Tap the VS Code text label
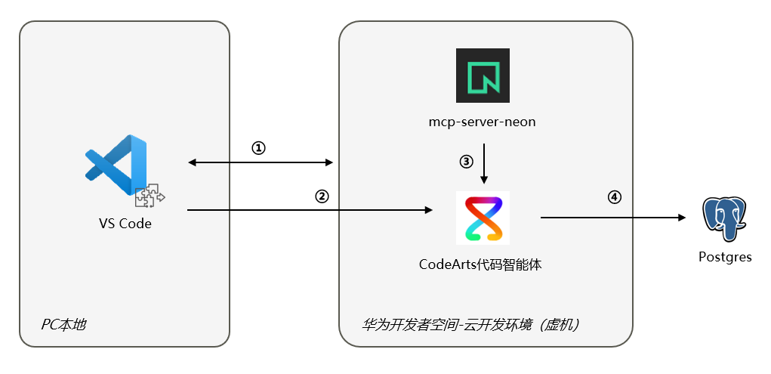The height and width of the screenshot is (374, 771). (125, 224)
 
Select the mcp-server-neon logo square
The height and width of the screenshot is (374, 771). (483, 76)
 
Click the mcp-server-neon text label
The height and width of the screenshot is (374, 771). (483, 122)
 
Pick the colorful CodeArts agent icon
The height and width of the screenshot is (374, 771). (483, 218)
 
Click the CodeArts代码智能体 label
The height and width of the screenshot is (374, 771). (480, 264)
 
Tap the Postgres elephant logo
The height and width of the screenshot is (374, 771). (724, 219)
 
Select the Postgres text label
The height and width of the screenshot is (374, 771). (725, 257)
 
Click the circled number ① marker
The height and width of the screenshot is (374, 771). (259, 148)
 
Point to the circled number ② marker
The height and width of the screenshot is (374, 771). (322, 197)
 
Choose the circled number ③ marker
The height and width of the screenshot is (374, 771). (466, 162)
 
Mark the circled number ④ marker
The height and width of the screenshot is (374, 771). (614, 197)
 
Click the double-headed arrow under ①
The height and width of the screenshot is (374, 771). (261, 162)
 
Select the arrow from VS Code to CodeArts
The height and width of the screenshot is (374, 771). (310, 210)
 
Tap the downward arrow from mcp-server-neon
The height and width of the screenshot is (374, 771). (484, 163)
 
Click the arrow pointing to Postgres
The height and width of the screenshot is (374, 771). (613, 217)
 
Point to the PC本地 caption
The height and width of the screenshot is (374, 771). (63, 325)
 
